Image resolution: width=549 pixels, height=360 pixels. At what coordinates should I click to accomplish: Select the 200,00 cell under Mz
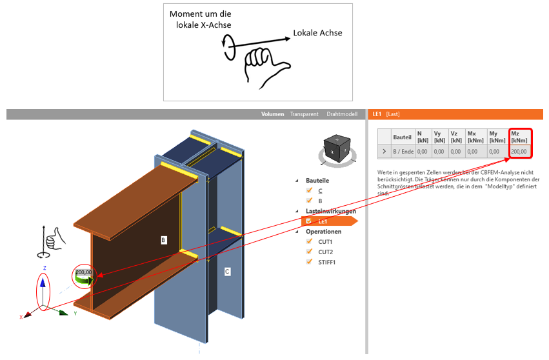click(x=519, y=152)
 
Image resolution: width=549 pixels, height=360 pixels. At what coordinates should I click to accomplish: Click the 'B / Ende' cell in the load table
click(x=403, y=152)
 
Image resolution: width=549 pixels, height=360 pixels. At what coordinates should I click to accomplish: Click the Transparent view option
click(x=304, y=114)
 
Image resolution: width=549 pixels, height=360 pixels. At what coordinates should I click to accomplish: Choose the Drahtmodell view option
click(x=342, y=114)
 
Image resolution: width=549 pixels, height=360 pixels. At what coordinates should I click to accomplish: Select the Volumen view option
click(x=272, y=114)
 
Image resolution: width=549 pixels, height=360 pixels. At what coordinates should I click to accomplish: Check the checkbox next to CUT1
click(x=310, y=241)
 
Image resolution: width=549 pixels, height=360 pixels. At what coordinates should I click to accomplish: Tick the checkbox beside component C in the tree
click(x=310, y=190)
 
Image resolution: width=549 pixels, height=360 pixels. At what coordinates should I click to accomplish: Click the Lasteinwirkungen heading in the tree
click(x=331, y=211)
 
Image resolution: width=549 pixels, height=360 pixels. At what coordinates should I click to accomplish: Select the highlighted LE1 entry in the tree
click(x=323, y=221)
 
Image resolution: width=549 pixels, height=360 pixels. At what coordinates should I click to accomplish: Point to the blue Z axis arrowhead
click(x=43, y=281)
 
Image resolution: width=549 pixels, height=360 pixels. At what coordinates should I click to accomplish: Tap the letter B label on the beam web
click(x=164, y=240)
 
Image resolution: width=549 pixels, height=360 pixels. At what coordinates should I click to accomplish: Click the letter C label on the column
click(x=227, y=272)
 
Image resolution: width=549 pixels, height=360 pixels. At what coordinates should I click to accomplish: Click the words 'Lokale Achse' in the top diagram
click(x=317, y=33)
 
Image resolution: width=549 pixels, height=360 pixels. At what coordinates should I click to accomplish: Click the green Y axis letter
click(x=75, y=314)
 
